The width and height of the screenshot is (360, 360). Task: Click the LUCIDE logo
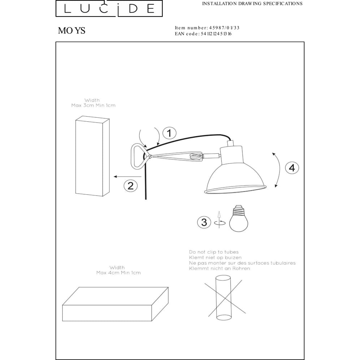pyautogui.click(x=109, y=8)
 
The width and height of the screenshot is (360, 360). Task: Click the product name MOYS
pyautogui.click(x=72, y=31)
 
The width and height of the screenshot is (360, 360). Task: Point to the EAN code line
pyautogui.click(x=203, y=34)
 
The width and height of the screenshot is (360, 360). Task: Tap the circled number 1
pyautogui.click(x=170, y=133)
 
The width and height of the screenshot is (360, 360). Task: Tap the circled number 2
pyautogui.click(x=131, y=185)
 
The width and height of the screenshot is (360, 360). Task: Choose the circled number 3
pyautogui.click(x=204, y=222)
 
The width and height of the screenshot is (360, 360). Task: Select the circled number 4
pyautogui.click(x=292, y=168)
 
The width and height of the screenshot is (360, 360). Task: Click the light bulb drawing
pyautogui.click(x=239, y=218)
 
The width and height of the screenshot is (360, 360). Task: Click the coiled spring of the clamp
pyautogui.click(x=196, y=157)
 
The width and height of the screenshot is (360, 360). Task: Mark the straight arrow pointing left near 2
pyautogui.click(x=128, y=176)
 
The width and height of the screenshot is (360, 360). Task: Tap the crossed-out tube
pyautogui.click(x=224, y=298)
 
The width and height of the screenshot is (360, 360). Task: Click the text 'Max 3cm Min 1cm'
pyautogui.click(x=94, y=105)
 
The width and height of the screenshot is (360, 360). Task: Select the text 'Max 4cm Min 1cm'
pyautogui.click(x=118, y=273)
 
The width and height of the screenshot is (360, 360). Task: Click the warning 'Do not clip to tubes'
pyautogui.click(x=214, y=252)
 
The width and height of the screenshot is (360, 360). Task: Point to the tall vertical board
pyautogui.click(x=92, y=156)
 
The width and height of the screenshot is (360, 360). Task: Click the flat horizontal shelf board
pyautogui.click(x=115, y=304)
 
